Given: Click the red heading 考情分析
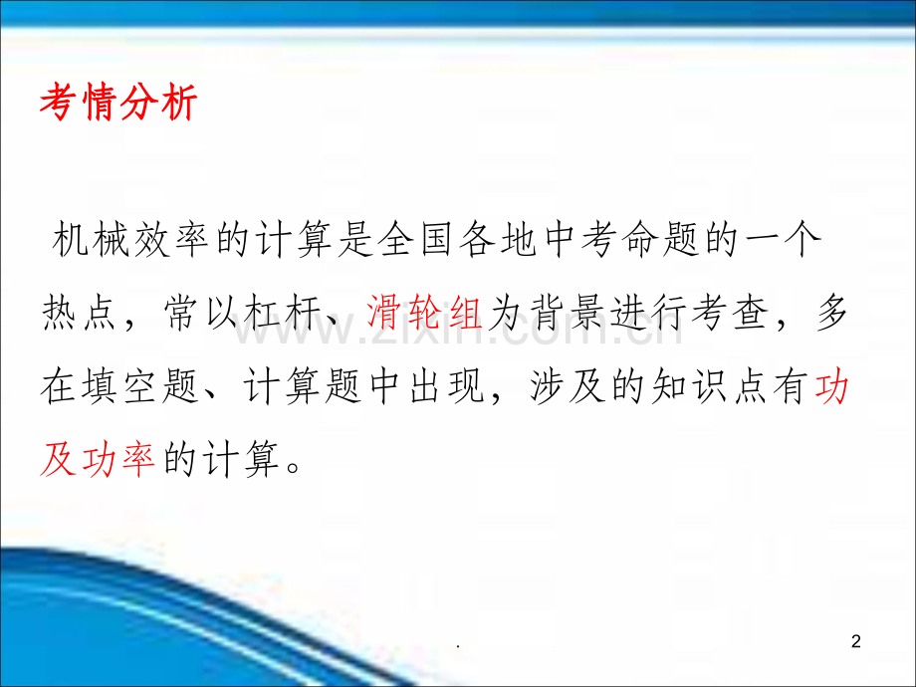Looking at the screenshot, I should click(118, 104).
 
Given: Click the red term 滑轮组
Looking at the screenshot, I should click(424, 317).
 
